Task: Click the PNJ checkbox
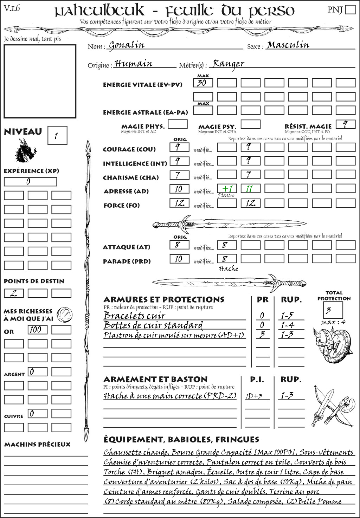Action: tap(350, 9)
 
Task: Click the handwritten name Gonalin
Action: tap(127, 45)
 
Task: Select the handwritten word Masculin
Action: tap(288, 45)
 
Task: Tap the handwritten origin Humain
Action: tap(134, 64)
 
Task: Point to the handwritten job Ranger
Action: tap(229, 64)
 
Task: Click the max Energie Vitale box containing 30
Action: tap(203, 83)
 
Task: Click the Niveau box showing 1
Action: tap(57, 136)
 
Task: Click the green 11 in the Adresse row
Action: tap(250, 189)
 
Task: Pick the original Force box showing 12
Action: tap(179, 203)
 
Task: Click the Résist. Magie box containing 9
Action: tap(345, 124)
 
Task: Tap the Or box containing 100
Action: tap(37, 330)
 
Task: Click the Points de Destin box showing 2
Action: tap(14, 293)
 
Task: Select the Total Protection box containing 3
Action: tap(333, 310)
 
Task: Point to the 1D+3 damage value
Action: tap(254, 396)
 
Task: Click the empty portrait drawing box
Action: tap(40, 81)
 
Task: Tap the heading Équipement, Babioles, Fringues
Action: tap(181, 440)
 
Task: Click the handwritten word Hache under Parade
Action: tap(228, 269)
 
